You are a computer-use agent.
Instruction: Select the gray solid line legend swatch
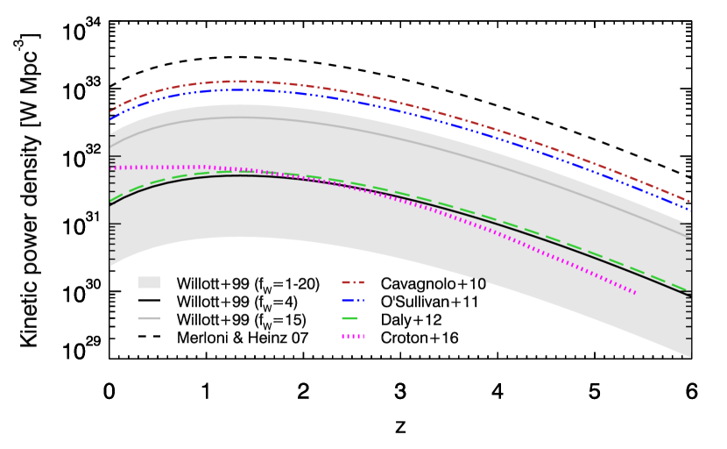coord(149,318)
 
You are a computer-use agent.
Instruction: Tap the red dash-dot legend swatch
coord(353,282)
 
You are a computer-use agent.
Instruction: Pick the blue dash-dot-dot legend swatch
coord(353,301)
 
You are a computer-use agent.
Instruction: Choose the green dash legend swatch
coord(349,318)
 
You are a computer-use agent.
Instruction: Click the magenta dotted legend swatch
coord(353,337)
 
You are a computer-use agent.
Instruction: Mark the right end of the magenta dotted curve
coord(636,293)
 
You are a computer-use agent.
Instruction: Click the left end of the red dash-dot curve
coord(110,112)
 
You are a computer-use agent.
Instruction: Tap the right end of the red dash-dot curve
coord(690,202)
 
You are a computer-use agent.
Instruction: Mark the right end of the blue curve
coord(690,210)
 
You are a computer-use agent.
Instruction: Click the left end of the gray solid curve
coord(110,146)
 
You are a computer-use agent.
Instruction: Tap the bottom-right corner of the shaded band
coord(690,357)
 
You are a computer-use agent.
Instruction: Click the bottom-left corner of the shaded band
coord(110,266)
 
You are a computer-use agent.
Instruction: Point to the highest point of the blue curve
coord(240,89)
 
